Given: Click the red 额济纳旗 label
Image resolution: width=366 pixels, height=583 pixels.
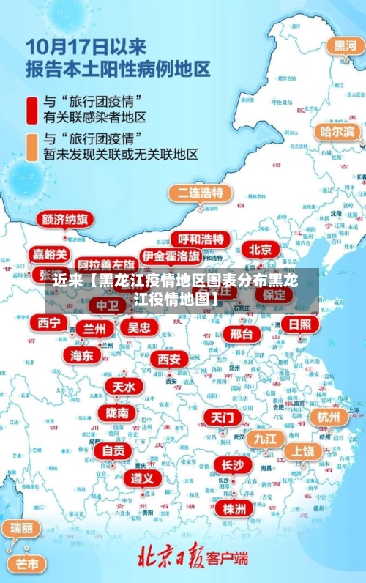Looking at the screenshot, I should [x=65, y=220].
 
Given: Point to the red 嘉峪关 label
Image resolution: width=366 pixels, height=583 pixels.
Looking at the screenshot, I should [x=51, y=254].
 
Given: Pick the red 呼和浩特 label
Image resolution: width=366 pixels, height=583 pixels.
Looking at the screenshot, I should [x=201, y=239].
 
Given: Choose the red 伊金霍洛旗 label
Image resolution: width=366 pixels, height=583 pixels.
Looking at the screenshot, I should [x=171, y=256].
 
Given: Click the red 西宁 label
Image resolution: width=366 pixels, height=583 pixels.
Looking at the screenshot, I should [x=49, y=322].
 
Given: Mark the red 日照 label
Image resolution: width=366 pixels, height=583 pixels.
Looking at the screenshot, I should [x=299, y=324].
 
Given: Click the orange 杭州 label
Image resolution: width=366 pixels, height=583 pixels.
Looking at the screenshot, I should [x=329, y=417].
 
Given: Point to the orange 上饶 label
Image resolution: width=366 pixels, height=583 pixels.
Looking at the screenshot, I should [x=303, y=451].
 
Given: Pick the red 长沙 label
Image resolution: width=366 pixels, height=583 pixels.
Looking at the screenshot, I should [x=233, y=465].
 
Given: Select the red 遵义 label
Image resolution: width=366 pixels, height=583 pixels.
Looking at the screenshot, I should [x=142, y=478].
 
